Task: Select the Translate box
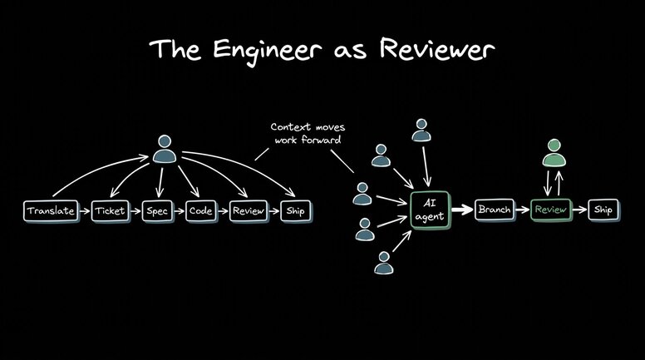click(51, 211)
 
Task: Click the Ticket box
click(111, 211)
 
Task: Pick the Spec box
click(157, 211)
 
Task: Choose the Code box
click(200, 211)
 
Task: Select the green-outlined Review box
click(551, 210)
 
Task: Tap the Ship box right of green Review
click(603, 210)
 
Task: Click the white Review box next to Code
click(249, 211)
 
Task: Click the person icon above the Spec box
click(165, 150)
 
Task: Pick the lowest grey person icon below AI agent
click(383, 263)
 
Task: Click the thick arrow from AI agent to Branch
click(462, 210)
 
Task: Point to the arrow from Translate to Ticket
click(83, 211)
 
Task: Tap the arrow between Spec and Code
click(179, 211)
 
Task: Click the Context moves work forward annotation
click(307, 132)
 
